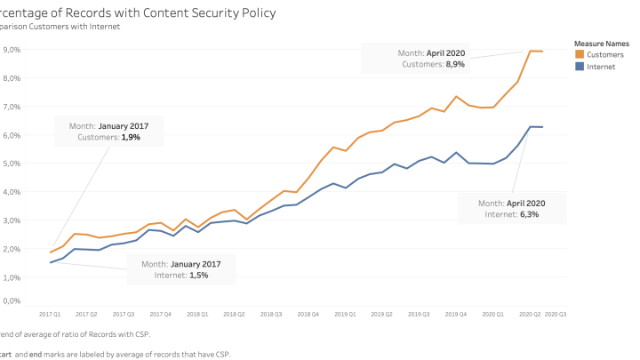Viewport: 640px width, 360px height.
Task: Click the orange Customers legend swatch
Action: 580,55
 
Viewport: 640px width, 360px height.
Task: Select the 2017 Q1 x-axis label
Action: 50,315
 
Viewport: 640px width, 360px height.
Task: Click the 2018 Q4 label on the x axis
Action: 308,315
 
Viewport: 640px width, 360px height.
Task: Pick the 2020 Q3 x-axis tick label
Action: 556,315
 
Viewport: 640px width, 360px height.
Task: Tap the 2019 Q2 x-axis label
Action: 381,315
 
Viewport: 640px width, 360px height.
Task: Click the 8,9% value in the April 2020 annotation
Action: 453,64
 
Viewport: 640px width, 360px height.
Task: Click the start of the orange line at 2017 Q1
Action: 51,252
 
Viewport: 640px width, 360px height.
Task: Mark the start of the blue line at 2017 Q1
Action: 51,262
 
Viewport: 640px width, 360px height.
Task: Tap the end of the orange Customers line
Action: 543,52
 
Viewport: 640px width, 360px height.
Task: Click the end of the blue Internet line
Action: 543,127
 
